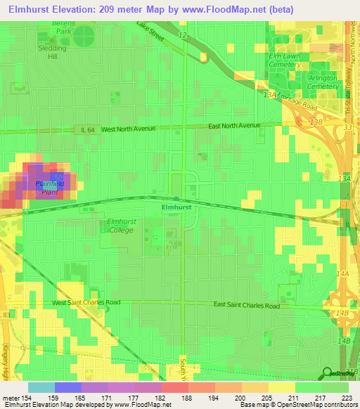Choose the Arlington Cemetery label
[321, 82]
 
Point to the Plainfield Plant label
[50, 188]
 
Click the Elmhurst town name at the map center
[176, 208]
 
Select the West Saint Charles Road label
[86, 302]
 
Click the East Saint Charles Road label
[247, 306]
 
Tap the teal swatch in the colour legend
[41, 387]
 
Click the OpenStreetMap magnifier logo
[328, 373]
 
